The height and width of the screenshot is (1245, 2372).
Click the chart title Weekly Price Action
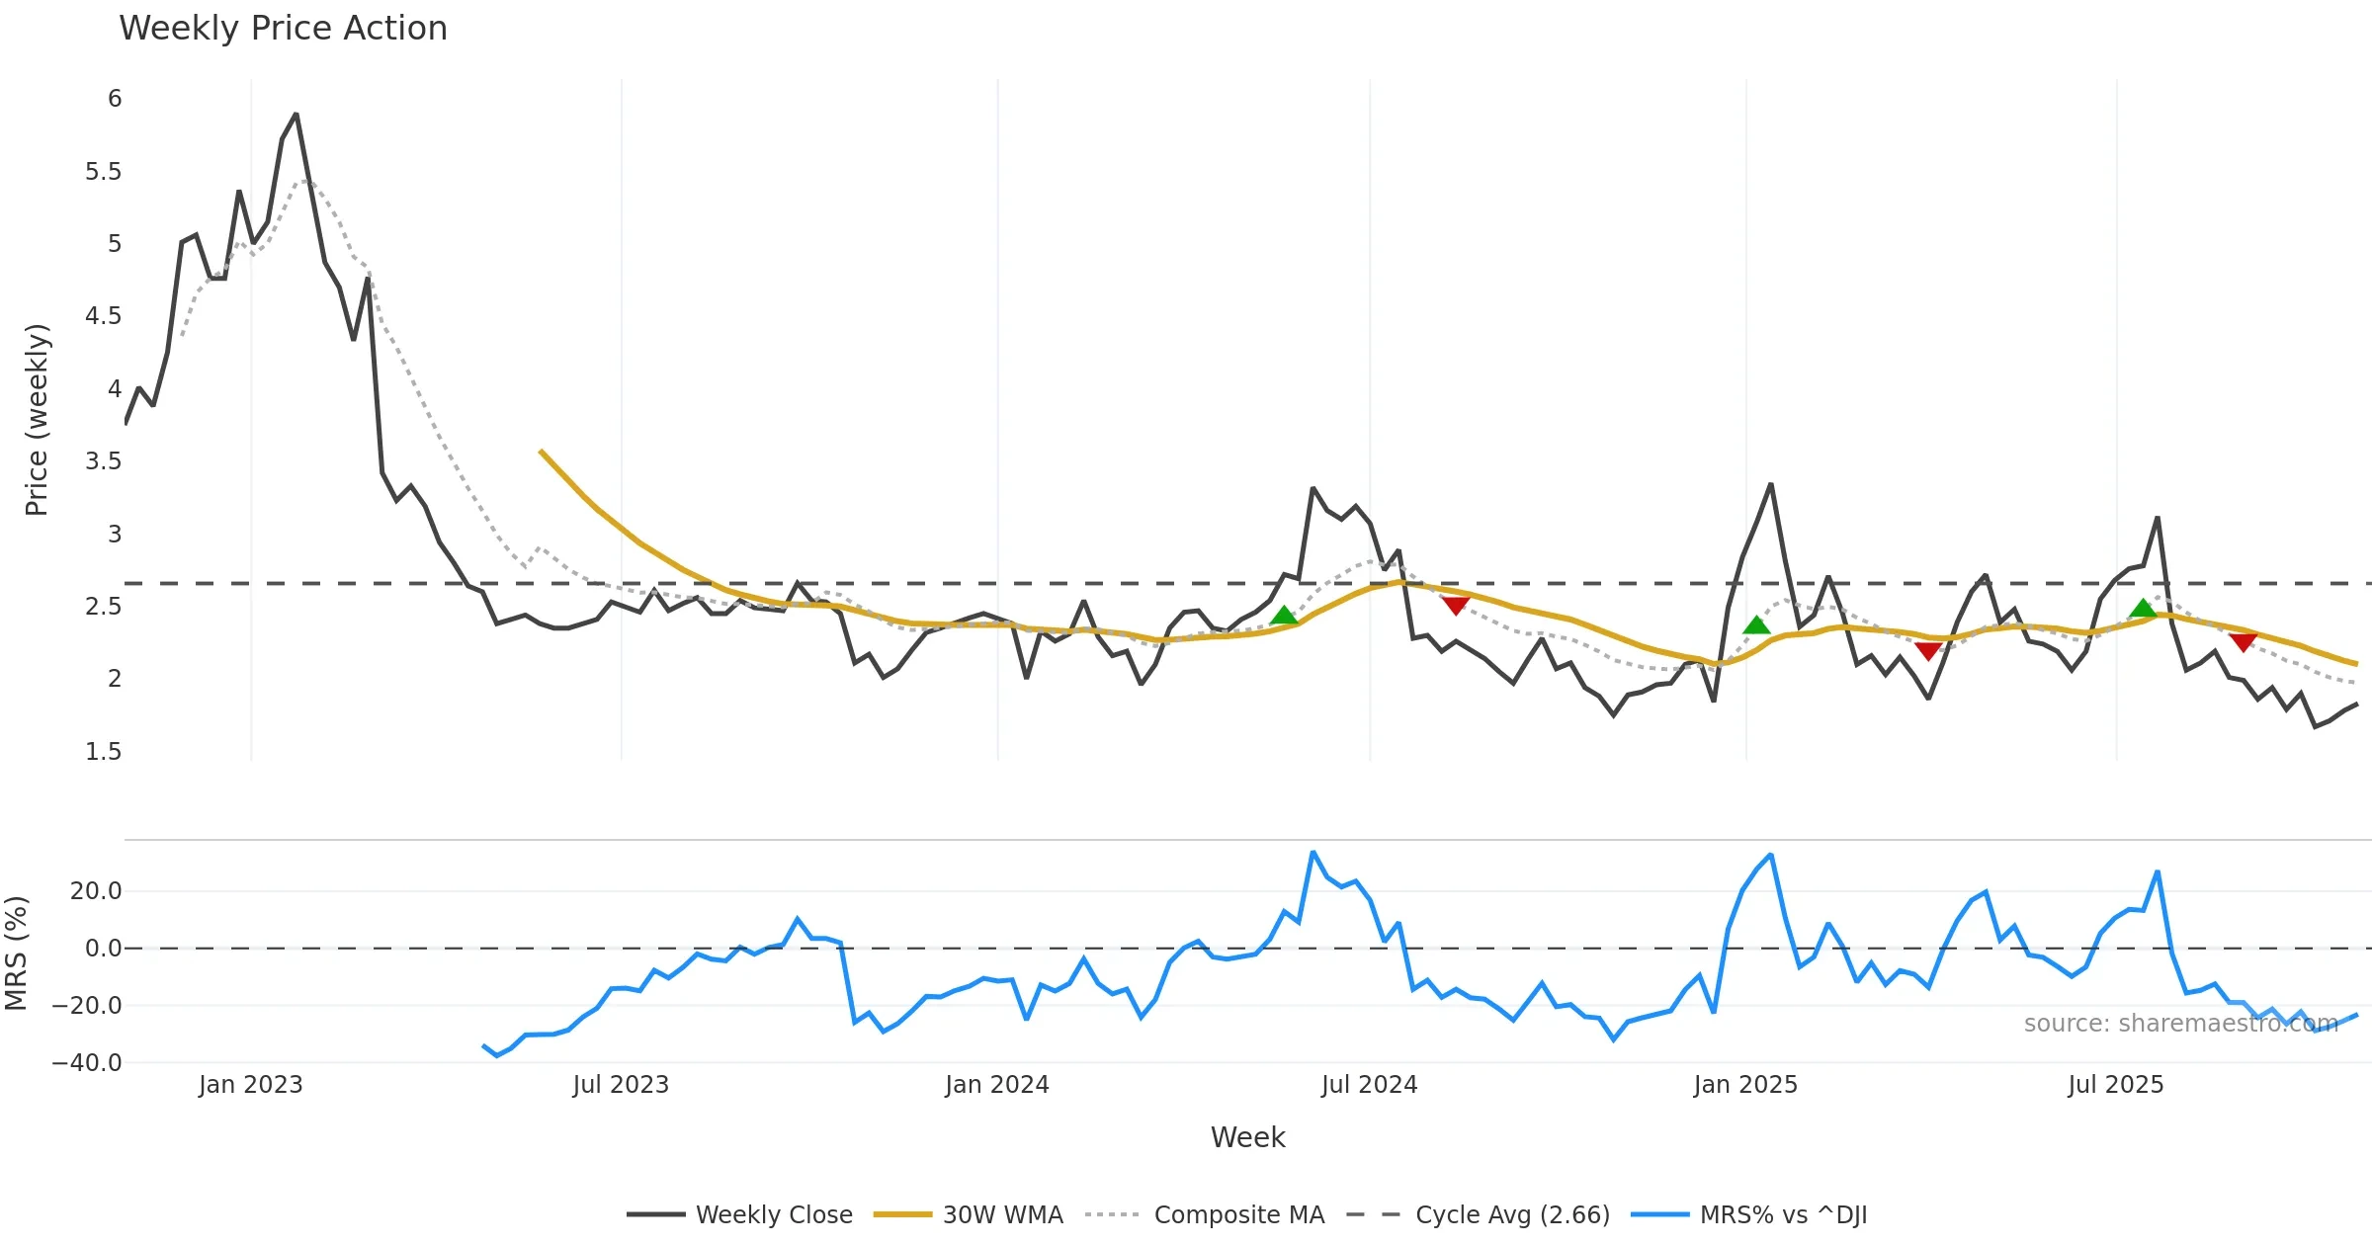point(283,29)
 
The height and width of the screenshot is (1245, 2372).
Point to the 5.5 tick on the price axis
point(104,172)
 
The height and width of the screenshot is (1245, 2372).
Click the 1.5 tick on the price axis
point(104,752)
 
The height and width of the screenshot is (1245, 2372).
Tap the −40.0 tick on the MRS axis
point(88,1063)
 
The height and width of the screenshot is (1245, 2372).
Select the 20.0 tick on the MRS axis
point(96,891)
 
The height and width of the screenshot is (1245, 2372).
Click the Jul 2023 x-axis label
point(621,1085)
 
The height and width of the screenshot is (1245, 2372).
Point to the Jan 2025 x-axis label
point(1745,1085)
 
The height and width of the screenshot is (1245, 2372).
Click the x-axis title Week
point(1247,1138)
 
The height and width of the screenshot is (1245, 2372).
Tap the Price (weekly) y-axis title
point(37,420)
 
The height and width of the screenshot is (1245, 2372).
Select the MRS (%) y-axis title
point(17,954)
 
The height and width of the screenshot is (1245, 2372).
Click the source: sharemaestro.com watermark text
point(2180,1024)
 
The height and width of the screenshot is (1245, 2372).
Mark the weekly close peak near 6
point(296,115)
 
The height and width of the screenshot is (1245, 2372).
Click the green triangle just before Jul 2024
point(1284,617)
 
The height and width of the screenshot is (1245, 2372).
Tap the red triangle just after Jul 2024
point(1455,605)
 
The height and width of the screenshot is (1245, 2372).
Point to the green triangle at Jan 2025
point(1756,625)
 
